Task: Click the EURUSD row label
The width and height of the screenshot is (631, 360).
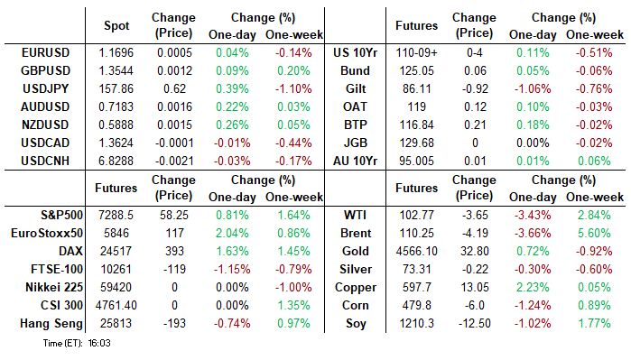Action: [45, 52]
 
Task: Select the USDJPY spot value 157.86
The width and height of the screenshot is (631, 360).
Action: [116, 89]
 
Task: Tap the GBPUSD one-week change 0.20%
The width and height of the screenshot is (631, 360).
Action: [293, 70]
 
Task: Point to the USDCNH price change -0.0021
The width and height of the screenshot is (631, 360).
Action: [174, 161]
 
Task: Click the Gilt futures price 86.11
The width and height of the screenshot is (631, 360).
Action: [416, 89]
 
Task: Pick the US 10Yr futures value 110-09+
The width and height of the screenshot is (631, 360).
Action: [416, 52]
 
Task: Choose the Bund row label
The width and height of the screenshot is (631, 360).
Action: [355, 70]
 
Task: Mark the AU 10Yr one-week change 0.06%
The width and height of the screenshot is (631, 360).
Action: [594, 161]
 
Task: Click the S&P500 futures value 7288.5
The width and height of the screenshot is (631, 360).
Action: [116, 216]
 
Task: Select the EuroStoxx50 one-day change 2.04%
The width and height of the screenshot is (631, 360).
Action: [232, 234]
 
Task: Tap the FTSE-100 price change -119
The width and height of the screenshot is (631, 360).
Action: [174, 269]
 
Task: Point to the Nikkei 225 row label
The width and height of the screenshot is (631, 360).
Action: [54, 287]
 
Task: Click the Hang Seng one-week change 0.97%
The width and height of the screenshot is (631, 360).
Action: [293, 323]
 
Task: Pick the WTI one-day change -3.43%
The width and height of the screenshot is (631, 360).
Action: [533, 216]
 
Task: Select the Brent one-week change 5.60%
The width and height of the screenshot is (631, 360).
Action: [594, 234]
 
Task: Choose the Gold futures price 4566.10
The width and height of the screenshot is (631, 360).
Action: [416, 252]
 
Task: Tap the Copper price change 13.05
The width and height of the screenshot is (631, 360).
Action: [475, 287]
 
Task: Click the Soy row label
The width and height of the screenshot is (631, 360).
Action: [356, 323]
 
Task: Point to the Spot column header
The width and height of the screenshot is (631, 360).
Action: [116, 26]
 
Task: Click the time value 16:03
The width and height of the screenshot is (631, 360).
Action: [99, 343]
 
